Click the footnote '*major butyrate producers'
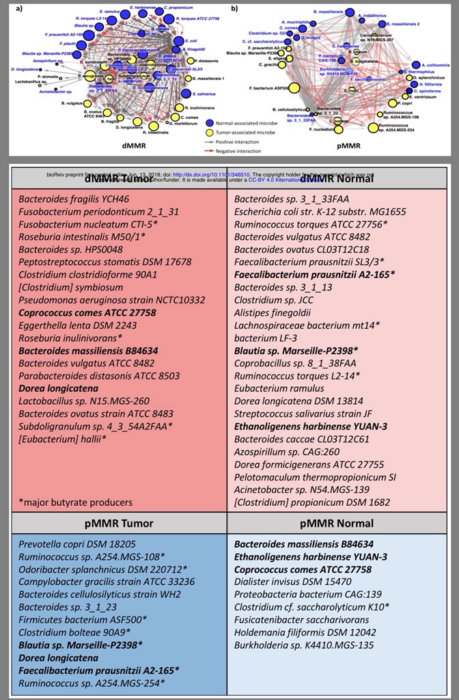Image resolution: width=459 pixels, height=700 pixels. tap(76, 502)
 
